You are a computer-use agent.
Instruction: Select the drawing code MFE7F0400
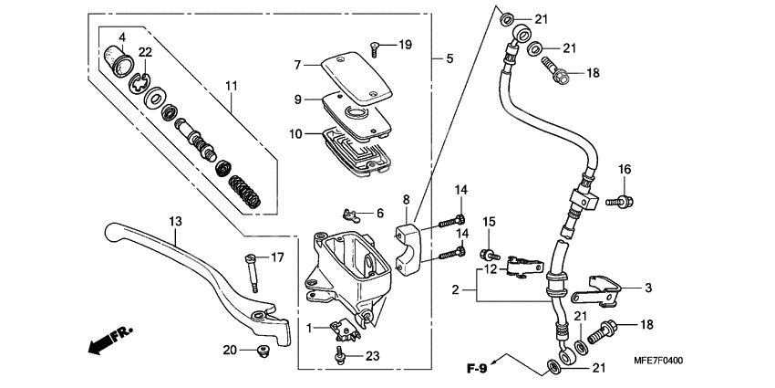(721, 362)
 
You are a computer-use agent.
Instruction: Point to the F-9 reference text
(475, 369)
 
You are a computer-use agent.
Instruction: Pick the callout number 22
(145, 51)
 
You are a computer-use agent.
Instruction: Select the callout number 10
(296, 133)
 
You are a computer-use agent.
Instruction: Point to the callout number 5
(449, 58)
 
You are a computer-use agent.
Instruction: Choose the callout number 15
(489, 222)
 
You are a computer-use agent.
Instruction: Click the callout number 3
(648, 288)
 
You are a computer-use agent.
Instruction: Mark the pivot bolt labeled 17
(250, 271)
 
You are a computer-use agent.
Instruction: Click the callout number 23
(372, 357)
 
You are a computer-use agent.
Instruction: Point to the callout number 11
(232, 86)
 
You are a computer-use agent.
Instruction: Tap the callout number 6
(379, 213)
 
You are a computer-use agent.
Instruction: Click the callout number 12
(491, 268)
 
